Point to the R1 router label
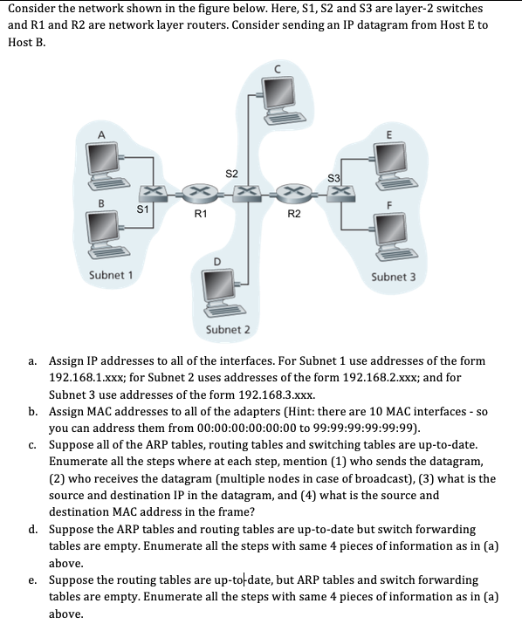pyautogui.click(x=201, y=212)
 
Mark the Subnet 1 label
pyautogui.click(x=111, y=277)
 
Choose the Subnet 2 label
pyautogui.click(x=227, y=329)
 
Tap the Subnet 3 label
pyautogui.click(x=394, y=277)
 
